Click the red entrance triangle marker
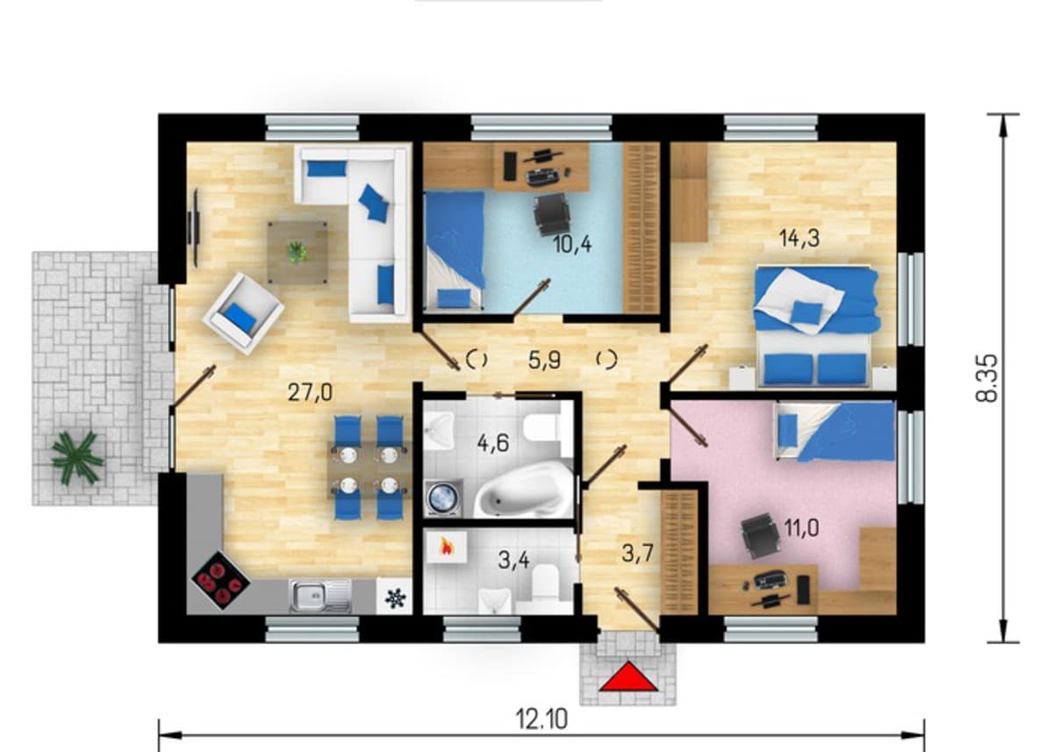click(x=627, y=677)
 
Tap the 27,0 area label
click(x=311, y=392)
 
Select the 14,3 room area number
click(x=799, y=239)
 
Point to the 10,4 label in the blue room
click(x=572, y=244)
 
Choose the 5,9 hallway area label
click(x=544, y=361)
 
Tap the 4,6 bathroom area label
click(x=493, y=443)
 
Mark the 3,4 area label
click(x=513, y=560)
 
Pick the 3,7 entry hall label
click(x=637, y=553)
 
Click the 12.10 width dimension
click(x=541, y=720)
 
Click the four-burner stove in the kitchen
click(x=220, y=581)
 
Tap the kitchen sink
click(x=320, y=597)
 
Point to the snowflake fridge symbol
click(x=395, y=598)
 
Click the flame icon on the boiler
click(x=445, y=547)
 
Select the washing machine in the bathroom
click(x=443, y=498)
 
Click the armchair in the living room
click(x=243, y=313)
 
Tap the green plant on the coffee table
click(x=297, y=252)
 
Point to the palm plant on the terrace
click(x=77, y=456)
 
